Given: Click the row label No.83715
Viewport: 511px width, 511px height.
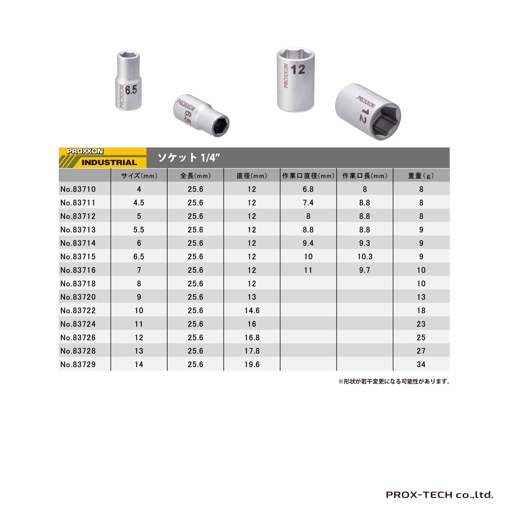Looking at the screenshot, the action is tap(78, 257).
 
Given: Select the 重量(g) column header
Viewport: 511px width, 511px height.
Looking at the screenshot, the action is tap(421, 176).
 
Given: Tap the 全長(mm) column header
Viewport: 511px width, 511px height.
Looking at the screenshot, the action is tap(195, 176).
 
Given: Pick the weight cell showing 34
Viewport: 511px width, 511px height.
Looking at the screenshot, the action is tap(421, 364).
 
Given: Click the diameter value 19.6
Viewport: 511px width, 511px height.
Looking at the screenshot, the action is tap(252, 364).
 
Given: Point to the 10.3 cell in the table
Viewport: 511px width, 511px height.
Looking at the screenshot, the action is tap(365, 257).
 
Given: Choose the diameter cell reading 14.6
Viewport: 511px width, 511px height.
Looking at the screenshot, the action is tap(252, 310).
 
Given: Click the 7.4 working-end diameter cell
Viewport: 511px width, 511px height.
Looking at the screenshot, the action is tap(308, 203).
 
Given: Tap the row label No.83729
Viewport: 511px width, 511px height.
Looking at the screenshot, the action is tap(78, 364).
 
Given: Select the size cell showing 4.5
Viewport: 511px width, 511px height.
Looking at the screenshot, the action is tap(139, 203).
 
